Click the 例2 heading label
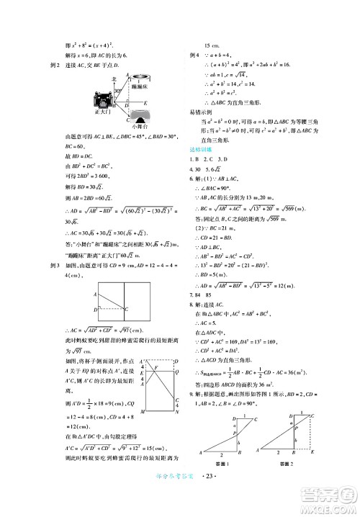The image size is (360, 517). point(50,63)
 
